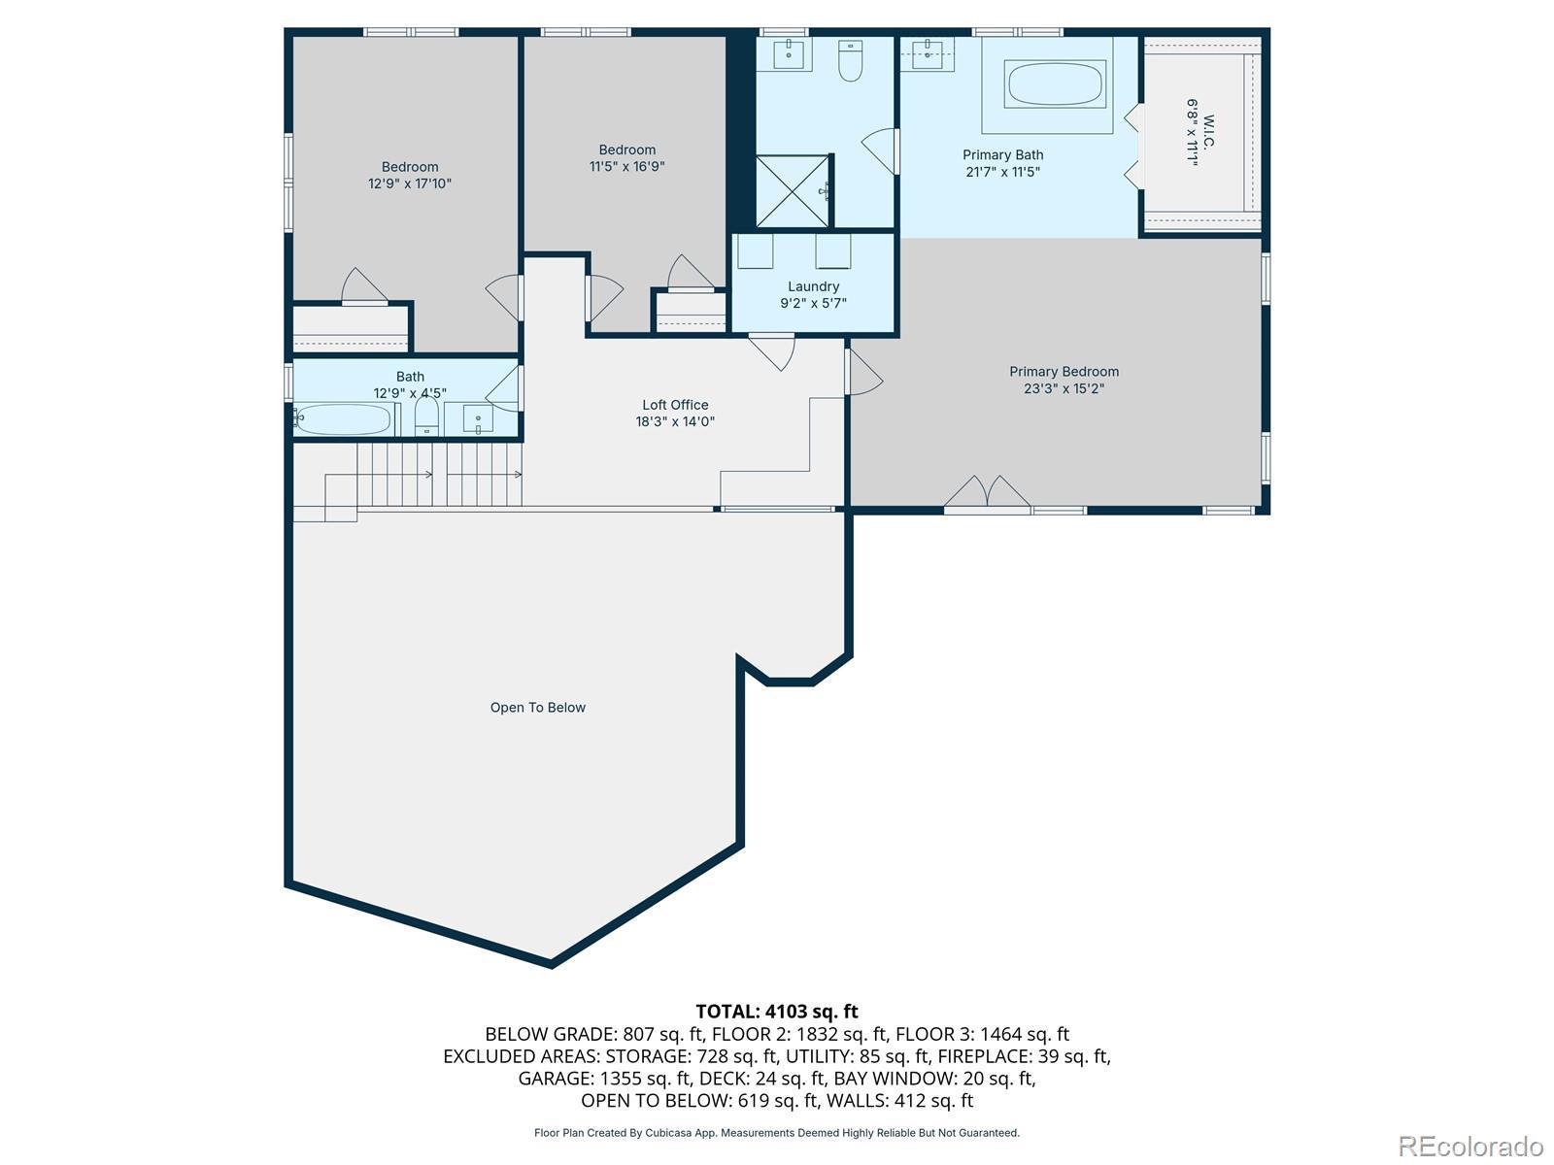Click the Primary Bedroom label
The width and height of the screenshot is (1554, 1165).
tap(1064, 372)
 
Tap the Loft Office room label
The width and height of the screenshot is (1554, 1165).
tap(675, 405)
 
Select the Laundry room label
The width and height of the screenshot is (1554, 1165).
tap(813, 286)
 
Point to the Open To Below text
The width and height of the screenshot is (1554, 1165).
tap(537, 708)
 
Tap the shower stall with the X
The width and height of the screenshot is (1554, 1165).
tap(793, 191)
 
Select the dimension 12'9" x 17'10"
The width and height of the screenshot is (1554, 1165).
tap(409, 183)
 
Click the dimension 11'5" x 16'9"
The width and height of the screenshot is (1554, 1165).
tap(626, 167)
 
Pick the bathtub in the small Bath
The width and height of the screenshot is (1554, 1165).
tap(344, 419)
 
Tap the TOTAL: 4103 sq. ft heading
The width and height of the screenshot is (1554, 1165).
tap(777, 1012)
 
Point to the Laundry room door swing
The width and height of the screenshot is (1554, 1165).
tap(772, 352)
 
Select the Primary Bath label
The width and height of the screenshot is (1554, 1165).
tap(1002, 155)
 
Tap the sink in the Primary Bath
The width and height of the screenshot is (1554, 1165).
tap(927, 53)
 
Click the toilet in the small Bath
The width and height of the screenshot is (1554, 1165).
tap(426, 416)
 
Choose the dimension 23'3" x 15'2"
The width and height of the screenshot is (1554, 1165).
tap(1064, 388)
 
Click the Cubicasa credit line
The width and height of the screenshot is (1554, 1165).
tap(777, 1133)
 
